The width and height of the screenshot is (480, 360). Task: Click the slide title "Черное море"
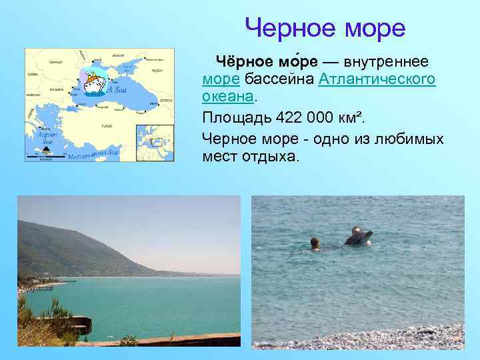[x=325, y=28]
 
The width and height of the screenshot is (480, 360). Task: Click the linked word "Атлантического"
[x=377, y=79]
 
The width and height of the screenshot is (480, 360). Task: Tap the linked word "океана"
[x=228, y=97]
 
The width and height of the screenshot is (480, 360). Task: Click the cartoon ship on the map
[x=93, y=83]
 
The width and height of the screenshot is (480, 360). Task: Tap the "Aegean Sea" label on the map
[x=47, y=137]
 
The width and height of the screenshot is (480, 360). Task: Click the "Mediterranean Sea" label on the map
[x=93, y=153]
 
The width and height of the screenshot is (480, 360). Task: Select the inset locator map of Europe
[x=155, y=142]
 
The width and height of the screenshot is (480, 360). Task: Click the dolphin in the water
[x=358, y=236]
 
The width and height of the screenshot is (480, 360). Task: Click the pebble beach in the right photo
[x=400, y=339]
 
